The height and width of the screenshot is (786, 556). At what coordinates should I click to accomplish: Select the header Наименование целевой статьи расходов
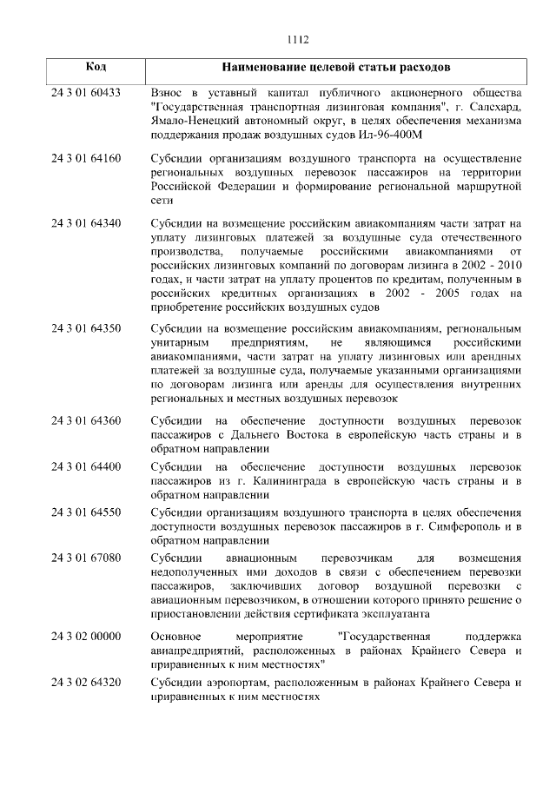(336, 67)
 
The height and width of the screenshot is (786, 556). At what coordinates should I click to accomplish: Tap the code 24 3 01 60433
(85, 92)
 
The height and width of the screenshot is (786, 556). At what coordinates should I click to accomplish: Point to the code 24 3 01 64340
(85, 223)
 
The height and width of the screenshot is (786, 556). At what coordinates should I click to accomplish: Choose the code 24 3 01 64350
(85, 329)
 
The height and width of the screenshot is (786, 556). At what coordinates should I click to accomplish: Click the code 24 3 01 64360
(85, 420)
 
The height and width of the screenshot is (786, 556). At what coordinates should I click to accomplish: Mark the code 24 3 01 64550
(85, 512)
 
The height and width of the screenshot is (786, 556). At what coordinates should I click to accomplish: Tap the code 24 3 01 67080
(85, 558)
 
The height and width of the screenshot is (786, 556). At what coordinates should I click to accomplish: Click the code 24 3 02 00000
(85, 637)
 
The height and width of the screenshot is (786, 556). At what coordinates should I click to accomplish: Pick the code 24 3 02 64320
(85, 683)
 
